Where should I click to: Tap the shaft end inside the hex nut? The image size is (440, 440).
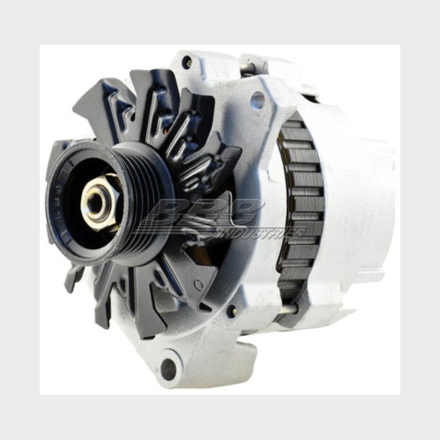96,203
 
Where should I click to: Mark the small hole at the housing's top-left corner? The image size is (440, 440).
187,62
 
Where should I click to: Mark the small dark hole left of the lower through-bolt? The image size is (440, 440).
232,311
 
